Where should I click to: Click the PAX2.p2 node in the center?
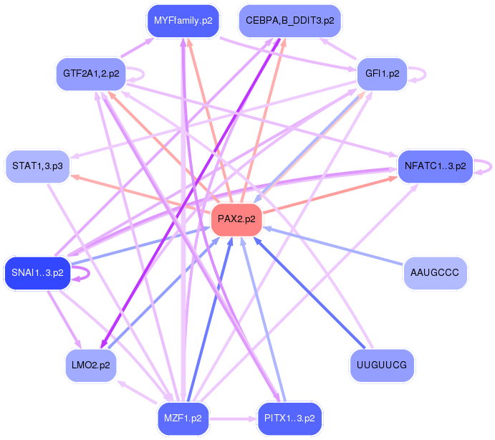click(236, 219)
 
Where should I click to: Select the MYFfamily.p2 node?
click(183, 21)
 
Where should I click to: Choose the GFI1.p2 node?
click(382, 73)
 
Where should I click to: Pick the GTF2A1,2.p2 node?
click(91, 73)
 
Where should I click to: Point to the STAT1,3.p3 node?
click(37, 166)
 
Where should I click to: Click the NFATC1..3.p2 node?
click(435, 166)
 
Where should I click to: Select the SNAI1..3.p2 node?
click(37, 272)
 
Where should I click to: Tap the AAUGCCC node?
click(435, 272)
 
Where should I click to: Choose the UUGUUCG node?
click(381, 365)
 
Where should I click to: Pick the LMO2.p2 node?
click(91, 365)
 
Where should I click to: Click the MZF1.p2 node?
click(183, 418)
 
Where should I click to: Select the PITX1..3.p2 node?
click(289, 418)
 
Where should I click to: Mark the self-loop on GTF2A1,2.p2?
click(141, 73)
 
